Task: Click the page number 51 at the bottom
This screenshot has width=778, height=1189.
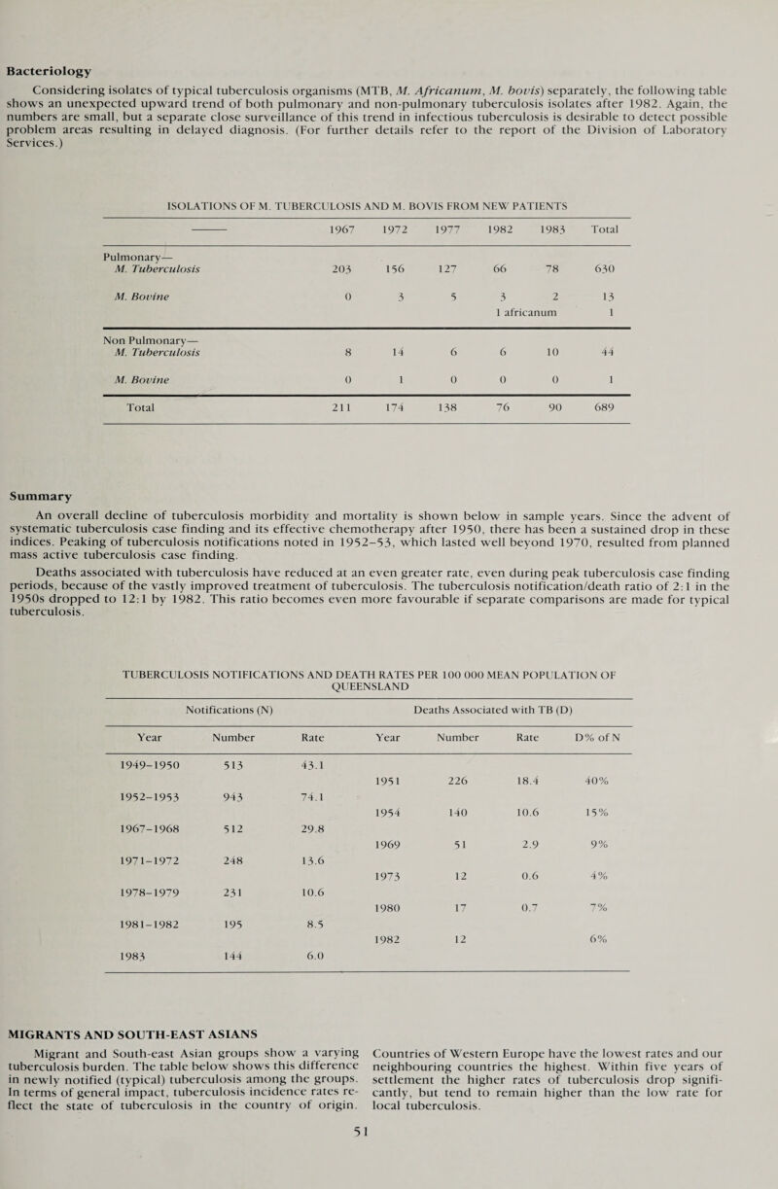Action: click(x=389, y=1166)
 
